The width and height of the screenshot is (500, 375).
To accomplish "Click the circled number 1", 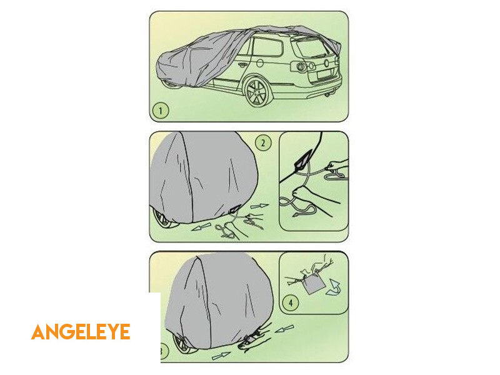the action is click(160, 111).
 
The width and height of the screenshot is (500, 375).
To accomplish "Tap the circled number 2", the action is click(263, 143).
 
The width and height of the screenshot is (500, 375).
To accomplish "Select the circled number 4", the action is click(291, 302).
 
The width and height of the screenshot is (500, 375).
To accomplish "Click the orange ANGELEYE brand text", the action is click(81, 332).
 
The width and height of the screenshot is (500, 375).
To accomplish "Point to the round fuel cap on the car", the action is click(260, 63).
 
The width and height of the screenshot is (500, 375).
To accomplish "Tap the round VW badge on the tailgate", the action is click(326, 63).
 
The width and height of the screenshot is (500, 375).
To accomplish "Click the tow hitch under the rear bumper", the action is click(327, 94).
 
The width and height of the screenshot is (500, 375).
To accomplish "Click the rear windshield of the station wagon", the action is click(311, 48).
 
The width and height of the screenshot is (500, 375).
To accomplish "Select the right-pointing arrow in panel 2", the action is click(259, 207).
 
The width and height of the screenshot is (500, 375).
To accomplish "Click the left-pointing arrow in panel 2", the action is click(201, 227).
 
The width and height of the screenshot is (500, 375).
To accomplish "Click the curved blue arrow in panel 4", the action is click(333, 287).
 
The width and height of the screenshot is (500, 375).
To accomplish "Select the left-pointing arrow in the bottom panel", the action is click(284, 329).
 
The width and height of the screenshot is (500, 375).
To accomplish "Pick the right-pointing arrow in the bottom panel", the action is click(221, 356).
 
